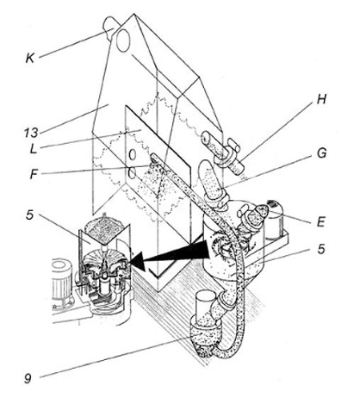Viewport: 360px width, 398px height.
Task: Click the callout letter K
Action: point(30,58)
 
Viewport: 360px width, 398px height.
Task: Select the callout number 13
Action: point(31,133)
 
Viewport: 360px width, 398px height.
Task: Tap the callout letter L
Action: point(34,148)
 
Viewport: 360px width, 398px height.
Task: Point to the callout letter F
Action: point(34,174)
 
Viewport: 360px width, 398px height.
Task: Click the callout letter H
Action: point(321,99)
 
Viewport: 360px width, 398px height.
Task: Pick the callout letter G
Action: point(321,153)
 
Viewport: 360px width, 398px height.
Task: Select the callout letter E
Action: point(320,222)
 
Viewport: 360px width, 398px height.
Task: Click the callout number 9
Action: point(28,379)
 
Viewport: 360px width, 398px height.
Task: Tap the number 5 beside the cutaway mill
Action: point(30,215)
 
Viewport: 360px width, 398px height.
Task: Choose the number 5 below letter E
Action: point(321,249)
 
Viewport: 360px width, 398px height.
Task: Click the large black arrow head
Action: point(140,261)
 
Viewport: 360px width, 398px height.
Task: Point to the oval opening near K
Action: point(123,40)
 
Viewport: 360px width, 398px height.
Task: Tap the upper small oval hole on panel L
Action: point(132,154)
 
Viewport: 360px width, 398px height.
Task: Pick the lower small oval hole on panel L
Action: point(132,173)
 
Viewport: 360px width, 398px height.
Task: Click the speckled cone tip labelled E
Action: point(261,212)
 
